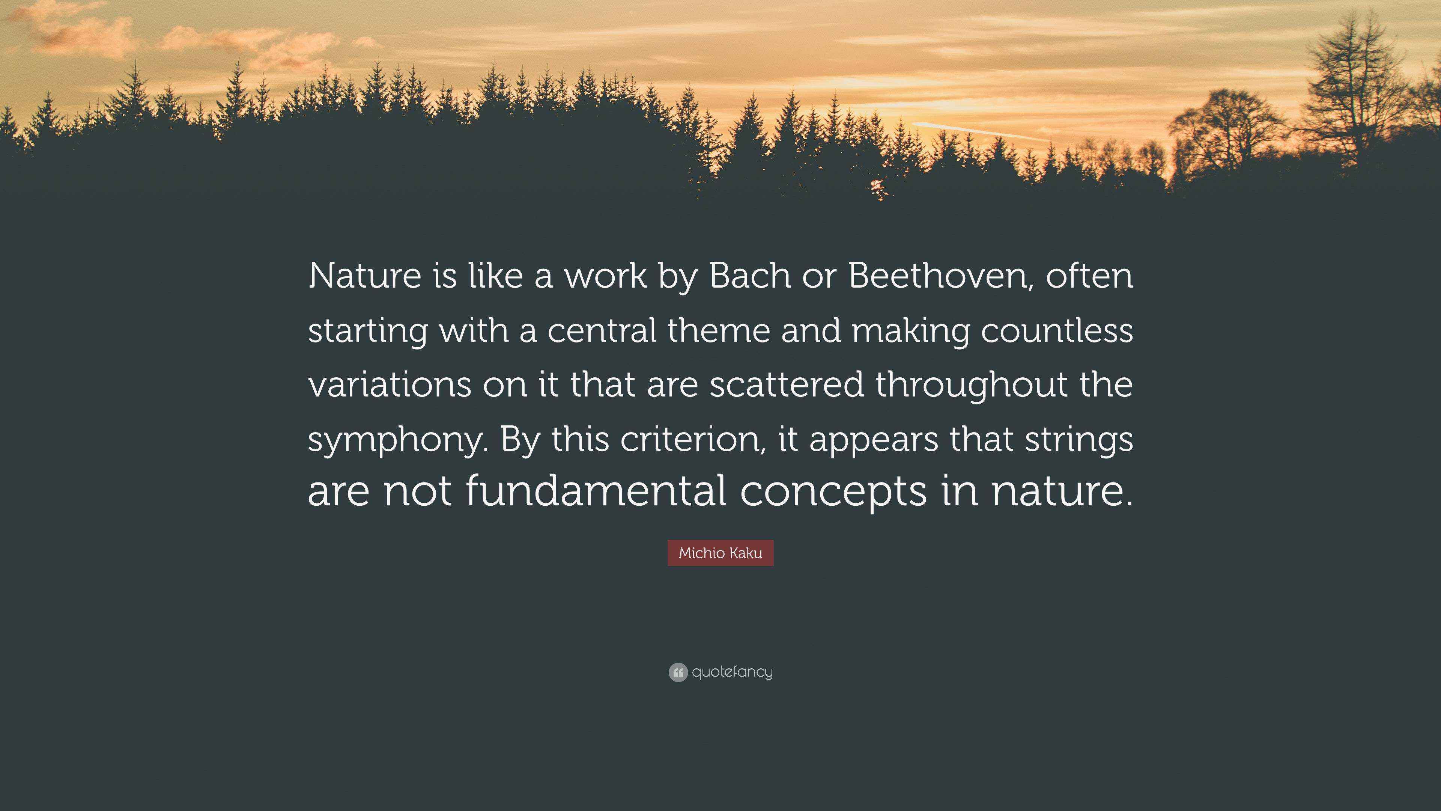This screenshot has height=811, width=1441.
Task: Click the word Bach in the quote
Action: coord(750,276)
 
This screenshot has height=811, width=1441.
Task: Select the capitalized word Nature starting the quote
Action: coord(365,276)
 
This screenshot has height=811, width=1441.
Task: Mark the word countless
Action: coord(1057,330)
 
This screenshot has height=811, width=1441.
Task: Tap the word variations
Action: coord(390,385)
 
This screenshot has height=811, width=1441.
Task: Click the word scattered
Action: coord(787,385)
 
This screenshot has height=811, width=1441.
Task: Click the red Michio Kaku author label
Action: coord(720,553)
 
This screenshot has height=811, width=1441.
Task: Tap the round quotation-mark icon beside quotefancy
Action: coord(678,672)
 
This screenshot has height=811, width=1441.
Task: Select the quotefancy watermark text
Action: coord(732,672)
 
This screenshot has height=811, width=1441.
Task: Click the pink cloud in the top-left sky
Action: coord(84,33)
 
